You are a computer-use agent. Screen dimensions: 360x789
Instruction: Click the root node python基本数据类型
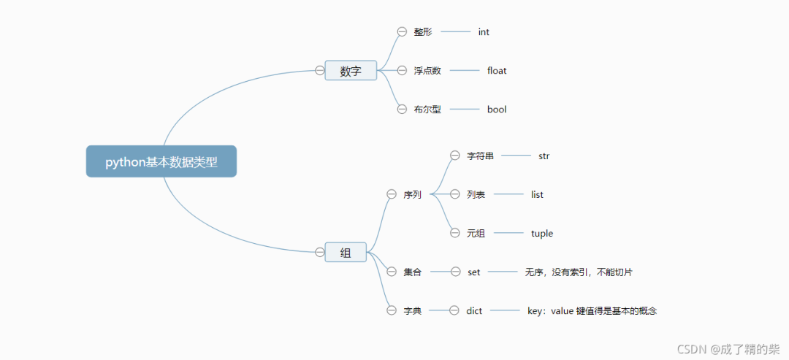161,161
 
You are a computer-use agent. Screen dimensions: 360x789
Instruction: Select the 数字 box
351,71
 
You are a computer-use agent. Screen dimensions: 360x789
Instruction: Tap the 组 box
346,253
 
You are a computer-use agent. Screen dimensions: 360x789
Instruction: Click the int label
484,32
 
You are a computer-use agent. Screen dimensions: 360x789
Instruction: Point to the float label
497,71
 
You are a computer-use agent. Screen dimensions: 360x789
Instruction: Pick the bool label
497,110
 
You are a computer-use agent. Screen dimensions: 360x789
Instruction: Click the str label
544,156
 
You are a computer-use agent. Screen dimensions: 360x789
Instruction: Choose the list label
537,194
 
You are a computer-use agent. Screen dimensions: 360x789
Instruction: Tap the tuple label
542,234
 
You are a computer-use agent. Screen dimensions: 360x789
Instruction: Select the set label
474,272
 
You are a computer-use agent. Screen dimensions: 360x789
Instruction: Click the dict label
474,311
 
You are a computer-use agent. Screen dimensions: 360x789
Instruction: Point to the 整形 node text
423,32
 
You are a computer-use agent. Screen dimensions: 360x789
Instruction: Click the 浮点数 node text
427,71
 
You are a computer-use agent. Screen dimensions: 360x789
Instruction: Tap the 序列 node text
412,195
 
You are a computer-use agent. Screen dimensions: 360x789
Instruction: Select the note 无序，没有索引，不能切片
579,272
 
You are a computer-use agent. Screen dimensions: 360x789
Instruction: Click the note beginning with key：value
592,311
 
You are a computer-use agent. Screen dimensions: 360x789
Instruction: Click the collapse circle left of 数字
319,70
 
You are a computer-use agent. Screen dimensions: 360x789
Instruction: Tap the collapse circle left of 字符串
454,156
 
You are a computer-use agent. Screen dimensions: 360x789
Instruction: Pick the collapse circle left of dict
454,310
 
